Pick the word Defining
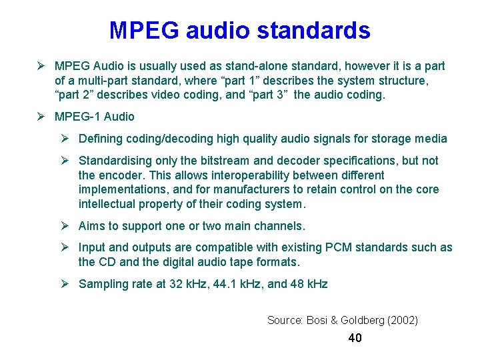[101, 139]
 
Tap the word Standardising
[114, 161]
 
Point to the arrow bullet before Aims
[65, 226]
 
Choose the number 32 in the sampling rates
[177, 284]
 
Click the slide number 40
[355, 338]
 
